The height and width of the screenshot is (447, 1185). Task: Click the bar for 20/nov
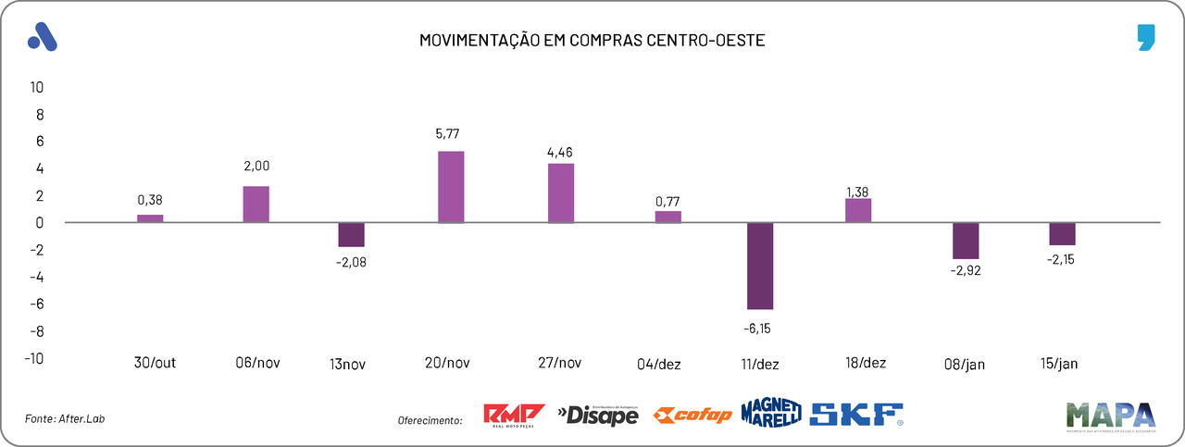pos(451,187)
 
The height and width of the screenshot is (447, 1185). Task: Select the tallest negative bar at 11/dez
pos(760,266)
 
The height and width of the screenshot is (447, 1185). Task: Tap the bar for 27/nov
pos(561,192)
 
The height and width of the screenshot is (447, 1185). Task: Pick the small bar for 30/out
pos(150,218)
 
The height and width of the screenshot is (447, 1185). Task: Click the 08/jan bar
pos(966,241)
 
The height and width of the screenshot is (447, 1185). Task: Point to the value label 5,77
pos(451,133)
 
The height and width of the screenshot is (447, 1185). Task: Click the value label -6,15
pos(760,327)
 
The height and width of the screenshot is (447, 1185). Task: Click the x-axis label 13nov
pos(348,365)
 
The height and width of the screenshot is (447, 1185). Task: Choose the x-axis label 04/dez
pos(659,364)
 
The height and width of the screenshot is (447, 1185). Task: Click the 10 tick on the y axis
pos(38,87)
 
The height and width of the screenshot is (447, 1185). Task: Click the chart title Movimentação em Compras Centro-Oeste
pos(592,41)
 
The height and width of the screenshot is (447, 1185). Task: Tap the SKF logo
pos(856,414)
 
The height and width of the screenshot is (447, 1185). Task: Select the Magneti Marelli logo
pos(770,414)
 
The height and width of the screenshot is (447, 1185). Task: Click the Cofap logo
pos(692,416)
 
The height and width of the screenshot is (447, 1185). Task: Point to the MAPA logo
pos(1110,416)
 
